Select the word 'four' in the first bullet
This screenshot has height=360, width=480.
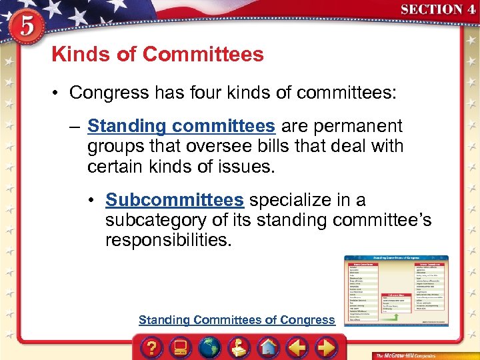click(223, 92)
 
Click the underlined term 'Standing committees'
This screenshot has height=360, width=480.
click(181, 126)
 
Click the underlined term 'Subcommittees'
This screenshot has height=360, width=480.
click(175, 200)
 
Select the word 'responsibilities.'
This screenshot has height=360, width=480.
click(168, 240)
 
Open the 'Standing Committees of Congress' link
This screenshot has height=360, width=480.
click(237, 320)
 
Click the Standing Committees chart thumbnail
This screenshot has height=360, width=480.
click(396, 291)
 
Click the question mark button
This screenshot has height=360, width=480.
click(152, 346)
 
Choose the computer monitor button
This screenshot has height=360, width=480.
click(180, 346)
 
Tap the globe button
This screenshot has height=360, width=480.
click(209, 346)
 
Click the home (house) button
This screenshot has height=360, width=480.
click(268, 346)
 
